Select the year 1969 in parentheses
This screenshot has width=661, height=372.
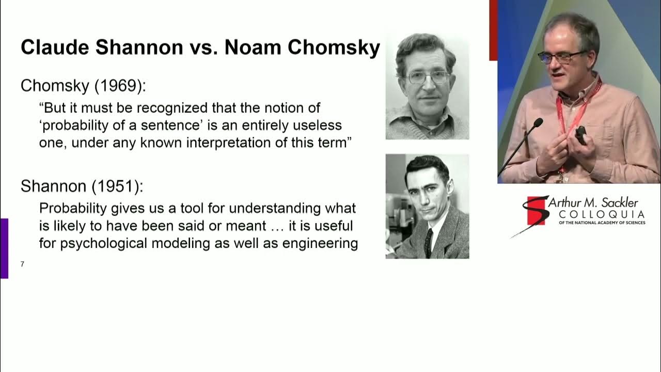click(118, 86)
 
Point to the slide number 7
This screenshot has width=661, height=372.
click(22, 265)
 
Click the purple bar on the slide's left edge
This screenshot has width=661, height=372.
click(4, 248)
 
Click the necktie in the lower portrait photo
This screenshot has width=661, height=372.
click(428, 243)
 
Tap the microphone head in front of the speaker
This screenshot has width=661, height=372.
click(538, 123)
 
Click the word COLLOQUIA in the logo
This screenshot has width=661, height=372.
click(602, 214)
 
